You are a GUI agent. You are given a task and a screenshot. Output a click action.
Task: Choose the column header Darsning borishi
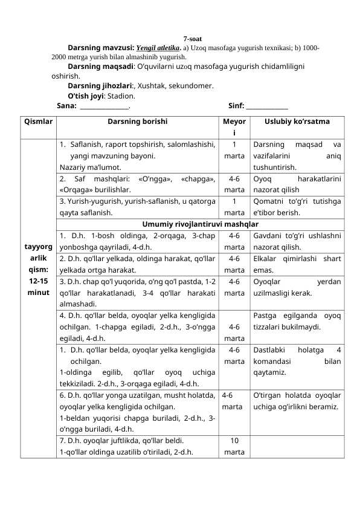(138, 122)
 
